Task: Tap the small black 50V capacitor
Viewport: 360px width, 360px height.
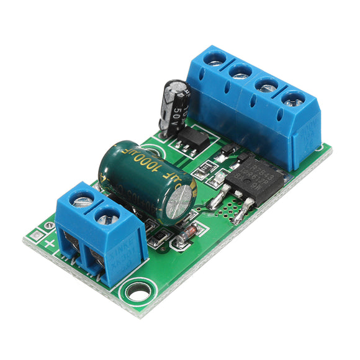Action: (x=173, y=106)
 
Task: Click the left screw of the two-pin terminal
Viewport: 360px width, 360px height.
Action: (x=81, y=198)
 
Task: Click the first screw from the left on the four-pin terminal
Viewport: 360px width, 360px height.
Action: (x=215, y=58)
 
